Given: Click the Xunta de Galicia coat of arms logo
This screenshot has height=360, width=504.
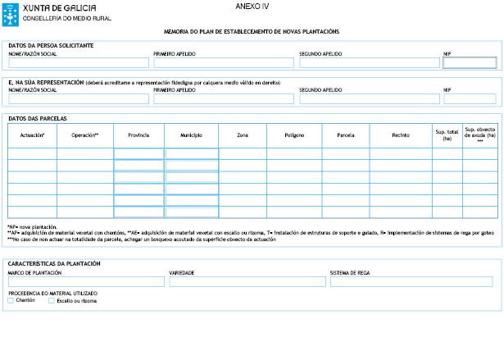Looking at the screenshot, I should (12, 11).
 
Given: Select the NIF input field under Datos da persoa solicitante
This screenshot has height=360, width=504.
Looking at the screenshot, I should (470, 62).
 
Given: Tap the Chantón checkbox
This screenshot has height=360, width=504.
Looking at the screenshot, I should (11, 300).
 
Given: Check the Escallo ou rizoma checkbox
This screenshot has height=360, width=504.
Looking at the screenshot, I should (52, 300).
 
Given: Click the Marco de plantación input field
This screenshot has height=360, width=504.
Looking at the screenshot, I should (86, 281).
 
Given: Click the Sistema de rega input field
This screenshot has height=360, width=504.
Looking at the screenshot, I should (411, 281).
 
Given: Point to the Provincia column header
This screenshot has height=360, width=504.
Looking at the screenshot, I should (138, 134).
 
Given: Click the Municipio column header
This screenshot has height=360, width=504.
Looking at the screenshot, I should (191, 134).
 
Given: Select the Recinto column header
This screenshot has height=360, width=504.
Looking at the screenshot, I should (400, 134).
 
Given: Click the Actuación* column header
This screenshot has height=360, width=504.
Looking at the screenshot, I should (32, 134).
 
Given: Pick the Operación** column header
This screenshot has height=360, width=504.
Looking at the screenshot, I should (84, 134).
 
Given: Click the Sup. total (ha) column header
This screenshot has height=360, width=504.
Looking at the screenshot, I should (447, 134).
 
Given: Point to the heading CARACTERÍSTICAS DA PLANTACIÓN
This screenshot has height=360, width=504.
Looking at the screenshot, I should (54, 264).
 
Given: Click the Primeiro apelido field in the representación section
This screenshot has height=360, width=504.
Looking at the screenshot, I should (223, 98).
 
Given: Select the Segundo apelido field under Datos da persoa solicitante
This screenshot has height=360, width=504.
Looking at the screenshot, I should (368, 62).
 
